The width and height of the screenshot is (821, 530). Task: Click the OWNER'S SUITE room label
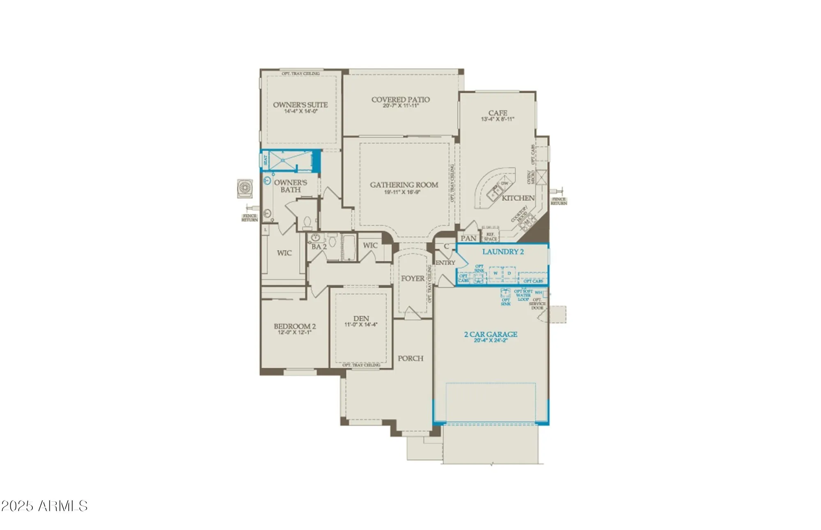tap(300, 105)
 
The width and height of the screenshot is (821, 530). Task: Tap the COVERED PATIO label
tap(400, 99)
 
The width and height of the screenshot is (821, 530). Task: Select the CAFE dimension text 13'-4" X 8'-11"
tap(498, 119)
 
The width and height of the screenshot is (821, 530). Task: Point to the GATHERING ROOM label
tap(404, 185)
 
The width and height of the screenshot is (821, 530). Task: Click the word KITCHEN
tap(518, 198)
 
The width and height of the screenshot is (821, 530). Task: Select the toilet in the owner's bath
tap(307, 222)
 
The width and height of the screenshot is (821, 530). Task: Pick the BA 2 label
tap(319, 247)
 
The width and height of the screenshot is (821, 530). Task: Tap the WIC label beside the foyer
tap(370, 245)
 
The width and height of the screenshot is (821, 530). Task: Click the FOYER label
tap(413, 278)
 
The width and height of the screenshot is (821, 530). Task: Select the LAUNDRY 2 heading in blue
tap(503, 252)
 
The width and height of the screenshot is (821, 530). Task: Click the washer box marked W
tap(495, 273)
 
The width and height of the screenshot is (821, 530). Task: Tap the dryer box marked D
tap(509, 273)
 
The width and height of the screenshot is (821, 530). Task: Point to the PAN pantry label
tap(468, 238)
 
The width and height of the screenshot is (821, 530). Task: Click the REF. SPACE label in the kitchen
tap(490, 237)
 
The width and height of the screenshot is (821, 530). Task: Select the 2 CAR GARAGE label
tap(491, 334)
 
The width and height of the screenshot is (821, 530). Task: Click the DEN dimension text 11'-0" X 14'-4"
tap(360, 325)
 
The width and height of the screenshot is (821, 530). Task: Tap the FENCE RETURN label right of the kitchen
tap(559, 201)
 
